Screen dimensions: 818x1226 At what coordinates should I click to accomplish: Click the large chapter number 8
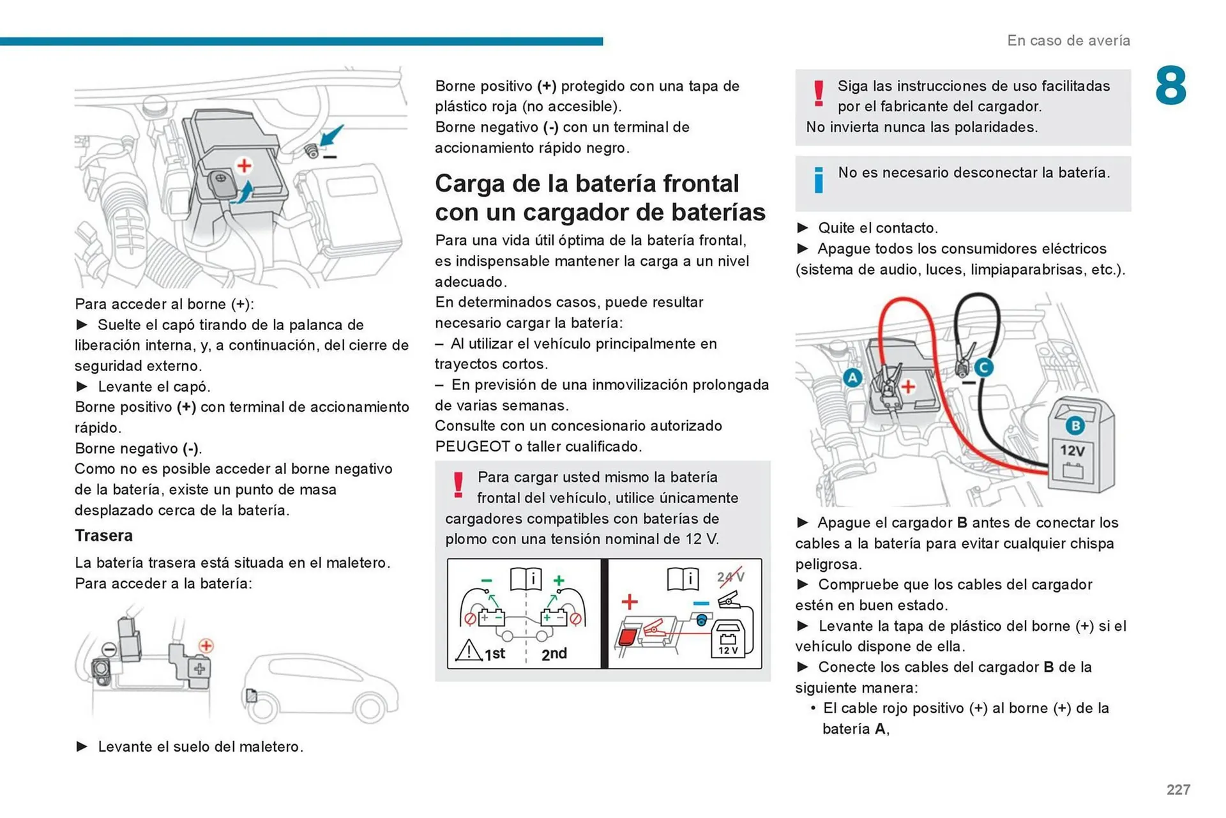pyautogui.click(x=1170, y=86)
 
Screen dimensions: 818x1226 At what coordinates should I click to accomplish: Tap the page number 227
pyautogui.click(x=1178, y=790)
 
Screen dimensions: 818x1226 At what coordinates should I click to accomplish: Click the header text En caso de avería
pyautogui.click(x=1068, y=40)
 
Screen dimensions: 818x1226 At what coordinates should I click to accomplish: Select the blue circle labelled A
pyautogui.click(x=852, y=377)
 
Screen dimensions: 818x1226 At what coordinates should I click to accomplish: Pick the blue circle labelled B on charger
pyautogui.click(x=1075, y=425)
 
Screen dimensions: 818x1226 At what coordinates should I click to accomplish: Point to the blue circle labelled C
pyautogui.click(x=983, y=367)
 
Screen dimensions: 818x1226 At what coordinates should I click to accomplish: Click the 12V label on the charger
pyautogui.click(x=1073, y=451)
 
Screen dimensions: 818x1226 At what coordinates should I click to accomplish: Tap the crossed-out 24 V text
pyautogui.click(x=730, y=577)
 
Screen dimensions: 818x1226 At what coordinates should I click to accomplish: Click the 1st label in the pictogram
pyautogui.click(x=495, y=654)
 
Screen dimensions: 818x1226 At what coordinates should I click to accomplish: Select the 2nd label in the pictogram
pyautogui.click(x=554, y=654)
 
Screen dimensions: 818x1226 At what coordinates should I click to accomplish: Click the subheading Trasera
pyautogui.click(x=103, y=535)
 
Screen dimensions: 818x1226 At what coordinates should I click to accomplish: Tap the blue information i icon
pyautogui.click(x=819, y=180)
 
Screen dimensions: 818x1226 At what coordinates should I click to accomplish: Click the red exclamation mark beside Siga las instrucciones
pyautogui.click(x=819, y=93)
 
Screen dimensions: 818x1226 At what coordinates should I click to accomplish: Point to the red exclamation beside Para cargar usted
pyautogui.click(x=458, y=485)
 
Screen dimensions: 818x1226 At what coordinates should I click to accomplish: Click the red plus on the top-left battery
pyautogui.click(x=244, y=165)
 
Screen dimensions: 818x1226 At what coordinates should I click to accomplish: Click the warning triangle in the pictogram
pyautogui.click(x=469, y=651)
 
